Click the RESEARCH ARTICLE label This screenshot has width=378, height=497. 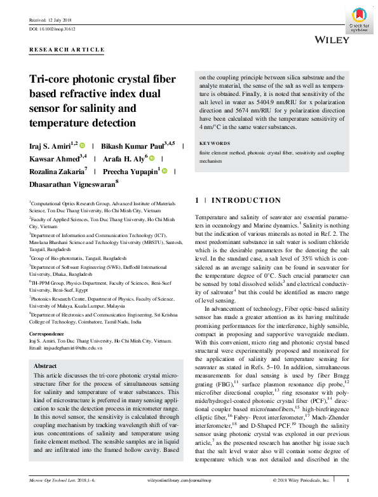click(x=67, y=49)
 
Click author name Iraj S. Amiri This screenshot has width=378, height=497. click(x=51, y=146)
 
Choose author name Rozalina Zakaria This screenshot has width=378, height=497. click(x=57, y=171)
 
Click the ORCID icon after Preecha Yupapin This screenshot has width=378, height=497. click(x=164, y=172)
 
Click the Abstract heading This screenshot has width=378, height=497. click(x=44, y=366)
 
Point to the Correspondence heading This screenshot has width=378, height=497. click(x=48, y=334)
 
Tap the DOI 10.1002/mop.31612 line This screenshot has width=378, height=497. click(x=53, y=29)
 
